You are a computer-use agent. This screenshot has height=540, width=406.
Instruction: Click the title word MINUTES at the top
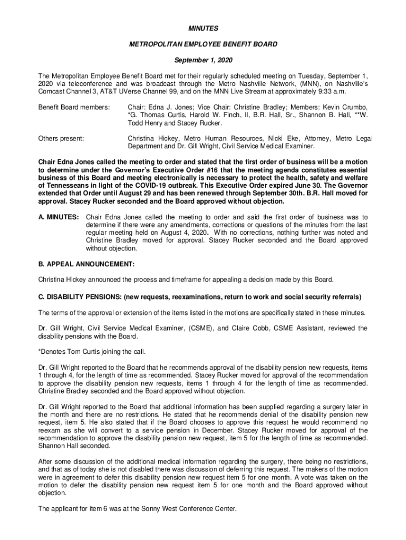pyautogui.click(x=203, y=27)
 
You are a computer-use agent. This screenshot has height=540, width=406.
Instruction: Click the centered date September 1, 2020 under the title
pyautogui.click(x=203, y=61)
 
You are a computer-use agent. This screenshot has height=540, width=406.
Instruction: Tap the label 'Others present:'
pyautogui.click(x=61, y=139)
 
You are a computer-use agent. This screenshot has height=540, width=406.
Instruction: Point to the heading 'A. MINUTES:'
pyautogui.click(x=59, y=217)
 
